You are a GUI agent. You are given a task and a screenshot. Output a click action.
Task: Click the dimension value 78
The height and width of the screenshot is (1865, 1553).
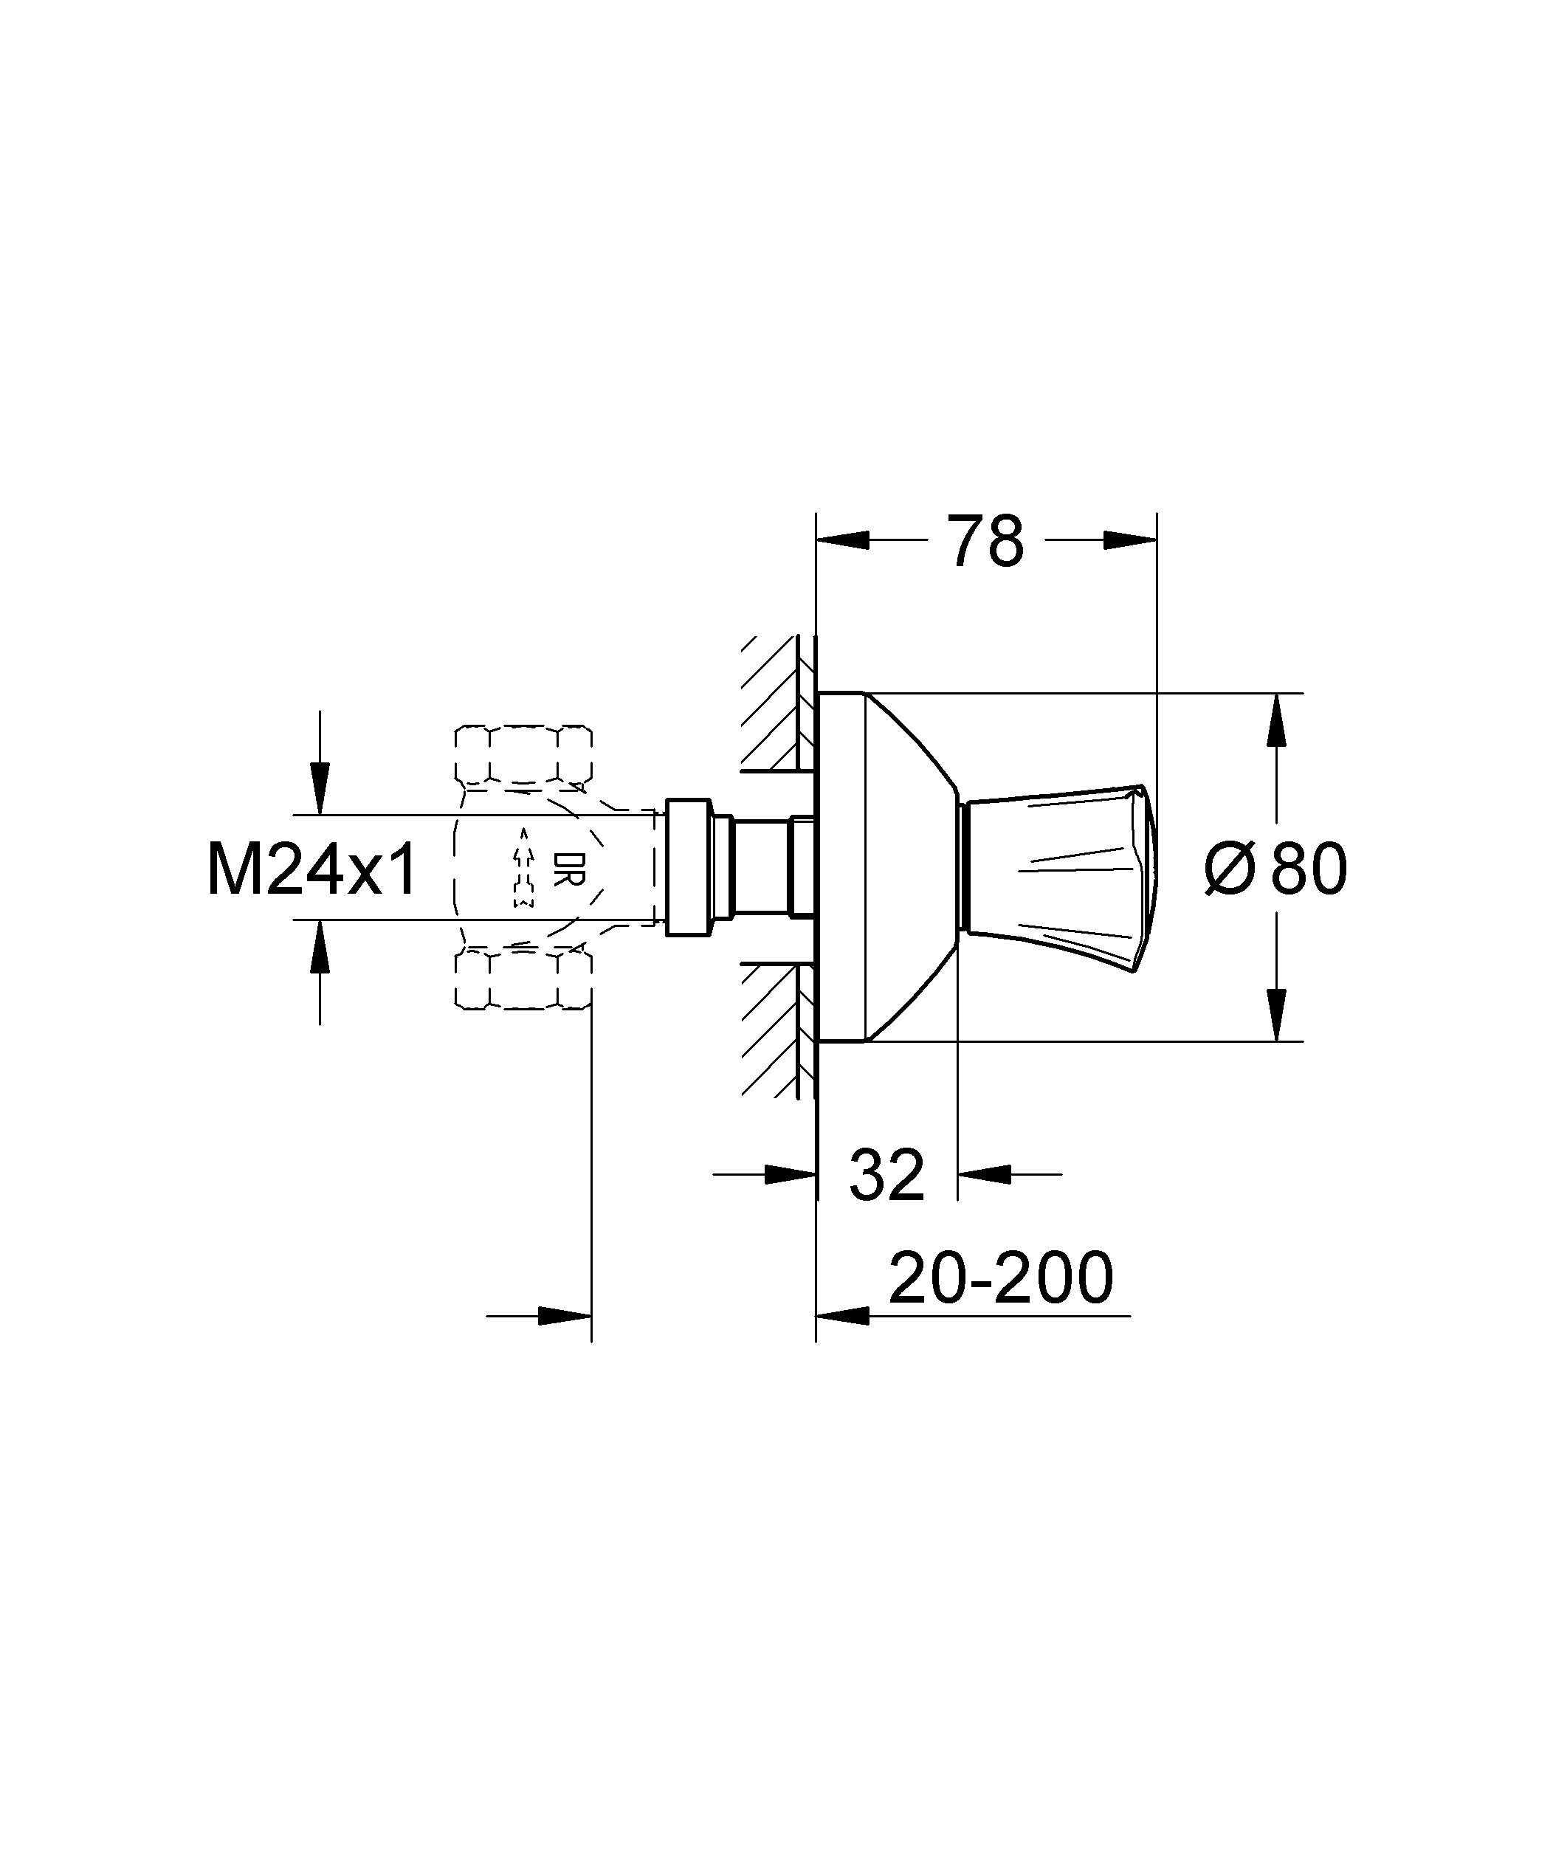[985, 541]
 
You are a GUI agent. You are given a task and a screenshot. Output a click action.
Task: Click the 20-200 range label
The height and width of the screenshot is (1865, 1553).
[999, 1279]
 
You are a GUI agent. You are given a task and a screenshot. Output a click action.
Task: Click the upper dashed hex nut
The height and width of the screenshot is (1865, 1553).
[523, 755]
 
